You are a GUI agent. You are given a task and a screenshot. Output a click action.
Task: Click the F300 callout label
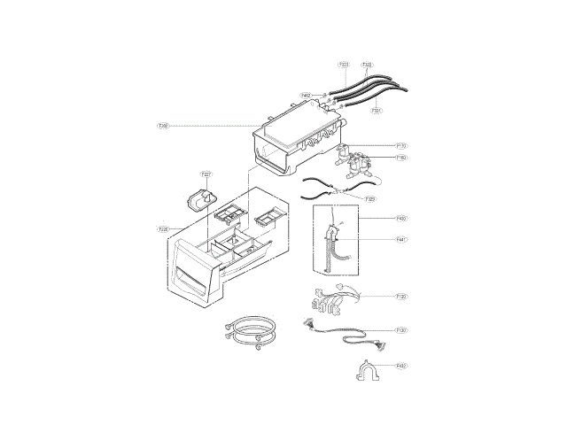(163, 127)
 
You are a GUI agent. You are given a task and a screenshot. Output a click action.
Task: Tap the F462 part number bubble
(305, 95)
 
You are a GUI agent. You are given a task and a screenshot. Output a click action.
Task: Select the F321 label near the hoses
(376, 111)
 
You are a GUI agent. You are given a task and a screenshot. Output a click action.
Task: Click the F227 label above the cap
(206, 174)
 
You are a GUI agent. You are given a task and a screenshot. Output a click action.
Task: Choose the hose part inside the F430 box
(334, 243)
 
